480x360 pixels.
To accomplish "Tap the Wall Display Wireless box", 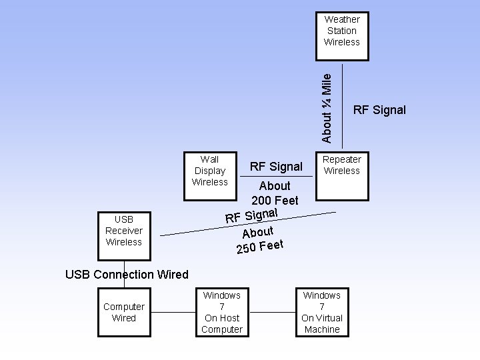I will tap(210, 176).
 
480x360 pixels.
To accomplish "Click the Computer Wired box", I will tap(124, 311).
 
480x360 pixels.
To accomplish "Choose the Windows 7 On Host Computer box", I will tap(222, 311).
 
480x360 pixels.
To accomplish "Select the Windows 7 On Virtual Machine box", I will tap(322, 311).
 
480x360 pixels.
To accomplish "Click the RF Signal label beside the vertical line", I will tap(379, 110).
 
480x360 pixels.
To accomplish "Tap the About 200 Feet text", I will tap(275, 193).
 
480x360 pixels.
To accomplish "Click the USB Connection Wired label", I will tap(127, 274).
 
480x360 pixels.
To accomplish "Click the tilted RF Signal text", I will tap(252, 215).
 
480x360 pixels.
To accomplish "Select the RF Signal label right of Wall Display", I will tap(275, 166).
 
